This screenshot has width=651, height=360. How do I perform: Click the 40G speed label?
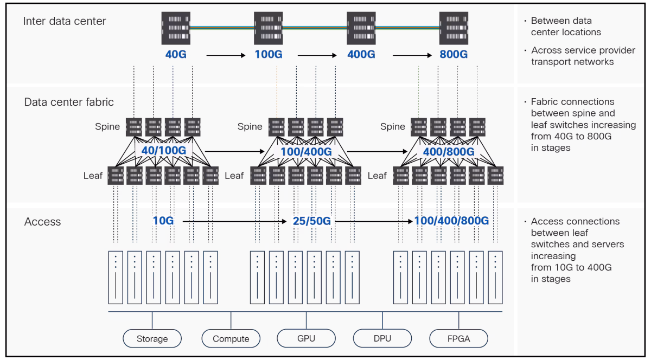pyautogui.click(x=176, y=54)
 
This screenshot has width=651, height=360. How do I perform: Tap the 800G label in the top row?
pyautogui.click(x=454, y=54)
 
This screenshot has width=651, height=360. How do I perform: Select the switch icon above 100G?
pyautogui.click(x=268, y=28)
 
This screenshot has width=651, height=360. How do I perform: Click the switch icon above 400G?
pyautogui.click(x=361, y=28)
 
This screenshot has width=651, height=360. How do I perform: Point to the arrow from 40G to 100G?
pyautogui.click(x=226, y=55)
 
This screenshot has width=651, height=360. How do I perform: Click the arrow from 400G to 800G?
pyautogui.click(x=412, y=55)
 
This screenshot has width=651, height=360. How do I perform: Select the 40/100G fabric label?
pyautogui.click(x=164, y=150)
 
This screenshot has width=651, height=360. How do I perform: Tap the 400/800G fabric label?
pyautogui.click(x=449, y=151)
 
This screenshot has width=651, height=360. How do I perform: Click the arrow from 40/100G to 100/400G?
pyautogui.click(x=234, y=151)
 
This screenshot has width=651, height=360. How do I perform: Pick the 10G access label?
pyautogui.click(x=163, y=221)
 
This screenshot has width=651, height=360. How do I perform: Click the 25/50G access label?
pyautogui.click(x=311, y=221)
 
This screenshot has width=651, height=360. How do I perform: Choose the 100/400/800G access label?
pyautogui.click(x=451, y=221)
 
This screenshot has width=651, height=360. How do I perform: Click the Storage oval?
pyautogui.click(x=152, y=338)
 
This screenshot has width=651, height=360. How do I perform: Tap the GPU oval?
pyautogui.click(x=306, y=338)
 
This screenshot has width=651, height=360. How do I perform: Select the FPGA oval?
pyautogui.click(x=458, y=338)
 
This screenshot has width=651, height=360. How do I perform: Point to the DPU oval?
pyautogui.click(x=382, y=338)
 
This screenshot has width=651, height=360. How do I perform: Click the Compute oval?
pyautogui.click(x=231, y=338)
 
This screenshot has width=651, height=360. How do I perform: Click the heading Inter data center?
pyautogui.click(x=65, y=21)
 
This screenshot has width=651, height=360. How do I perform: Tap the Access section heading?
pyautogui.click(x=42, y=222)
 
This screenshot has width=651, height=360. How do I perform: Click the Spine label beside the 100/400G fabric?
pyautogui.click(x=250, y=126)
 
